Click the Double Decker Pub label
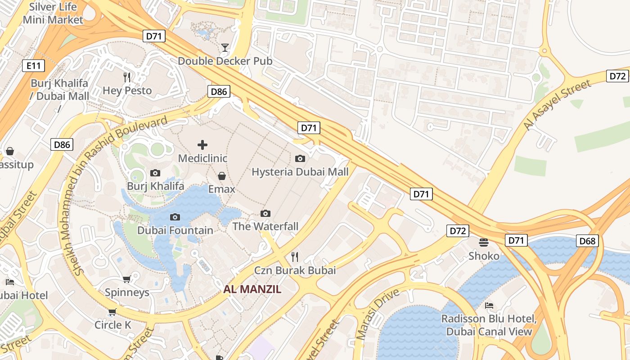click(225, 61)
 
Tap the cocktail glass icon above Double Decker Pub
click(225, 47)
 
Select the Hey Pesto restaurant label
click(127, 90)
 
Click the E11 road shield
click(34, 66)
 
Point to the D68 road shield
click(587, 241)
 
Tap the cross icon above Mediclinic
click(202, 145)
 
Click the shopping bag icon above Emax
click(221, 175)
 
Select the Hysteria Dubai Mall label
click(300, 172)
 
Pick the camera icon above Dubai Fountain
click(175, 217)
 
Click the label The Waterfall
click(265, 226)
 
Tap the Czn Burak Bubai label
click(295, 270)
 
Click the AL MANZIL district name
click(252, 289)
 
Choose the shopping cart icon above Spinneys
click(127, 279)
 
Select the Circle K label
click(112, 325)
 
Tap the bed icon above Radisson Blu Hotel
click(489, 306)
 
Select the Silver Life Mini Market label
click(53, 13)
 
